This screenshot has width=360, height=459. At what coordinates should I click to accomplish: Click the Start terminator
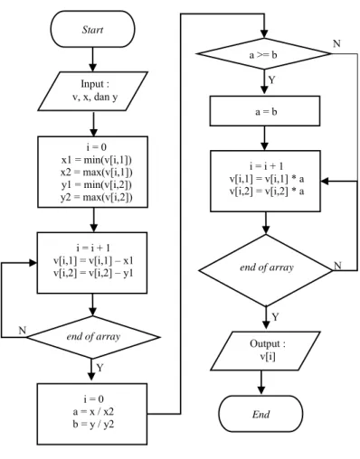click(92, 29)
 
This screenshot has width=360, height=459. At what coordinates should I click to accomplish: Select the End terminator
click(261, 414)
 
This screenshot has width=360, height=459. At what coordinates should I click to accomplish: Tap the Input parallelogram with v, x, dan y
click(93, 91)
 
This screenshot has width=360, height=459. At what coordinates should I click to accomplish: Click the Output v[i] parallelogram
click(265, 351)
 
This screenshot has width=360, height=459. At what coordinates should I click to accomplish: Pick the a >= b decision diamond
click(264, 54)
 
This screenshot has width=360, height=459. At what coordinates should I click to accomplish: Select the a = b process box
click(265, 111)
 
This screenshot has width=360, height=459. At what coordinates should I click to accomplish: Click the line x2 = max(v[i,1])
click(97, 173)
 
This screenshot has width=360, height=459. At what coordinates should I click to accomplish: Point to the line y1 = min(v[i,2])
click(97, 185)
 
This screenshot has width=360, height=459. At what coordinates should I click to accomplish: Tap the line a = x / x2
click(93, 412)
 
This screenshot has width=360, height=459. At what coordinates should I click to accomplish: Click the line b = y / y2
click(93, 425)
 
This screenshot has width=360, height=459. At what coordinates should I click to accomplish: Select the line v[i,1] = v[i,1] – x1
click(93, 261)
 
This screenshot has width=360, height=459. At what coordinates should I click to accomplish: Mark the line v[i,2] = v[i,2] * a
click(267, 192)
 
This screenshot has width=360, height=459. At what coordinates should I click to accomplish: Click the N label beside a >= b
click(336, 44)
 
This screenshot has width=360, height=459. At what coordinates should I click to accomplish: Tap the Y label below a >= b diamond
click(272, 80)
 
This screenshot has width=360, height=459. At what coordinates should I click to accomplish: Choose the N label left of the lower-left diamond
click(23, 331)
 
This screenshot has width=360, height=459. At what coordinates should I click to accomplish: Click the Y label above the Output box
click(275, 317)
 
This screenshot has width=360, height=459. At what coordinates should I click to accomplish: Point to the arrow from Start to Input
click(92, 60)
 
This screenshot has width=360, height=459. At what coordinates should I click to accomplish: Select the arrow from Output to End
click(261, 383)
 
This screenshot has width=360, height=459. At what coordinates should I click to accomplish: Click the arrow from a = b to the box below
click(264, 138)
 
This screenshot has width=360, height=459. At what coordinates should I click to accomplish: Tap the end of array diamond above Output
click(266, 270)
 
